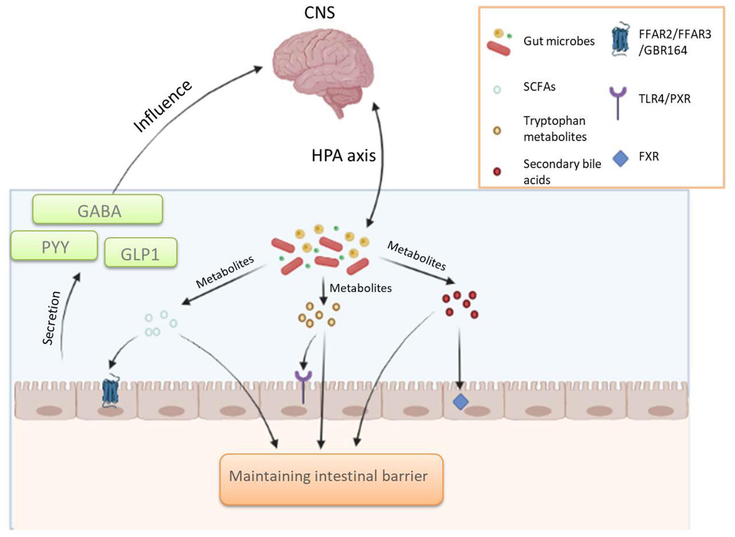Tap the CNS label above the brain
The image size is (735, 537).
coord(320,13)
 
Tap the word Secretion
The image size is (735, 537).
coord(52,318)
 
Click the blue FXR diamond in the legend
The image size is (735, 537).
coord(620,159)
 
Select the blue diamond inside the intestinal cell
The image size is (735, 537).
coord(461,402)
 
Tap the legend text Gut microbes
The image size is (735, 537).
coord(559,41)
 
